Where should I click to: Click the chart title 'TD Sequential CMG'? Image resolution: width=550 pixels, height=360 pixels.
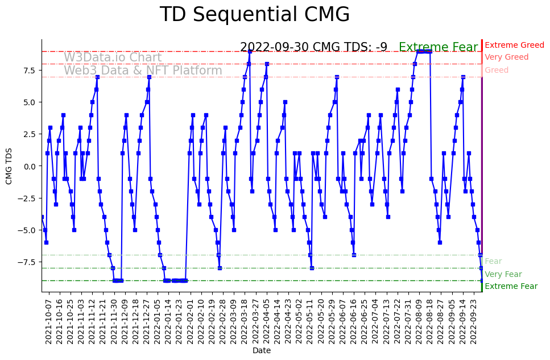[254, 15]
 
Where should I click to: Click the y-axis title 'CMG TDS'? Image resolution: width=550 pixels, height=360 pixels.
[9, 165]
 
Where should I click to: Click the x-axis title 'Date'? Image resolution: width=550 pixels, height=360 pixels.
[262, 351]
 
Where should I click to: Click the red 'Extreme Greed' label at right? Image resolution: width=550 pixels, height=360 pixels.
[514, 45]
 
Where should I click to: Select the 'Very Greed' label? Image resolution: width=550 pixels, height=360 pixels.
[506, 57]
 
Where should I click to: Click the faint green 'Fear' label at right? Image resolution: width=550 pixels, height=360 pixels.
[493, 262]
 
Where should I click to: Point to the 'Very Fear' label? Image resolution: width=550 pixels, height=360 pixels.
[503, 274]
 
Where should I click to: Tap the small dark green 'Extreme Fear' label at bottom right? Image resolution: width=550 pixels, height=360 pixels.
[511, 287]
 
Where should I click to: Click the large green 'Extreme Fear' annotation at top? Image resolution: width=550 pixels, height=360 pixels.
[438, 48]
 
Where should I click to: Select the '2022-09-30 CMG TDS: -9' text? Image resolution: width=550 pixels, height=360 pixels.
[313, 47]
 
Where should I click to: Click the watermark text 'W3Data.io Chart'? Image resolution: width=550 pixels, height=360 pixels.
[113, 57]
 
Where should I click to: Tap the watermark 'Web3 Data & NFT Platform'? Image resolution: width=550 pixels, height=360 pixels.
[143, 71]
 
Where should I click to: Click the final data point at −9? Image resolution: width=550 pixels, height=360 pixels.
[482, 280]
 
